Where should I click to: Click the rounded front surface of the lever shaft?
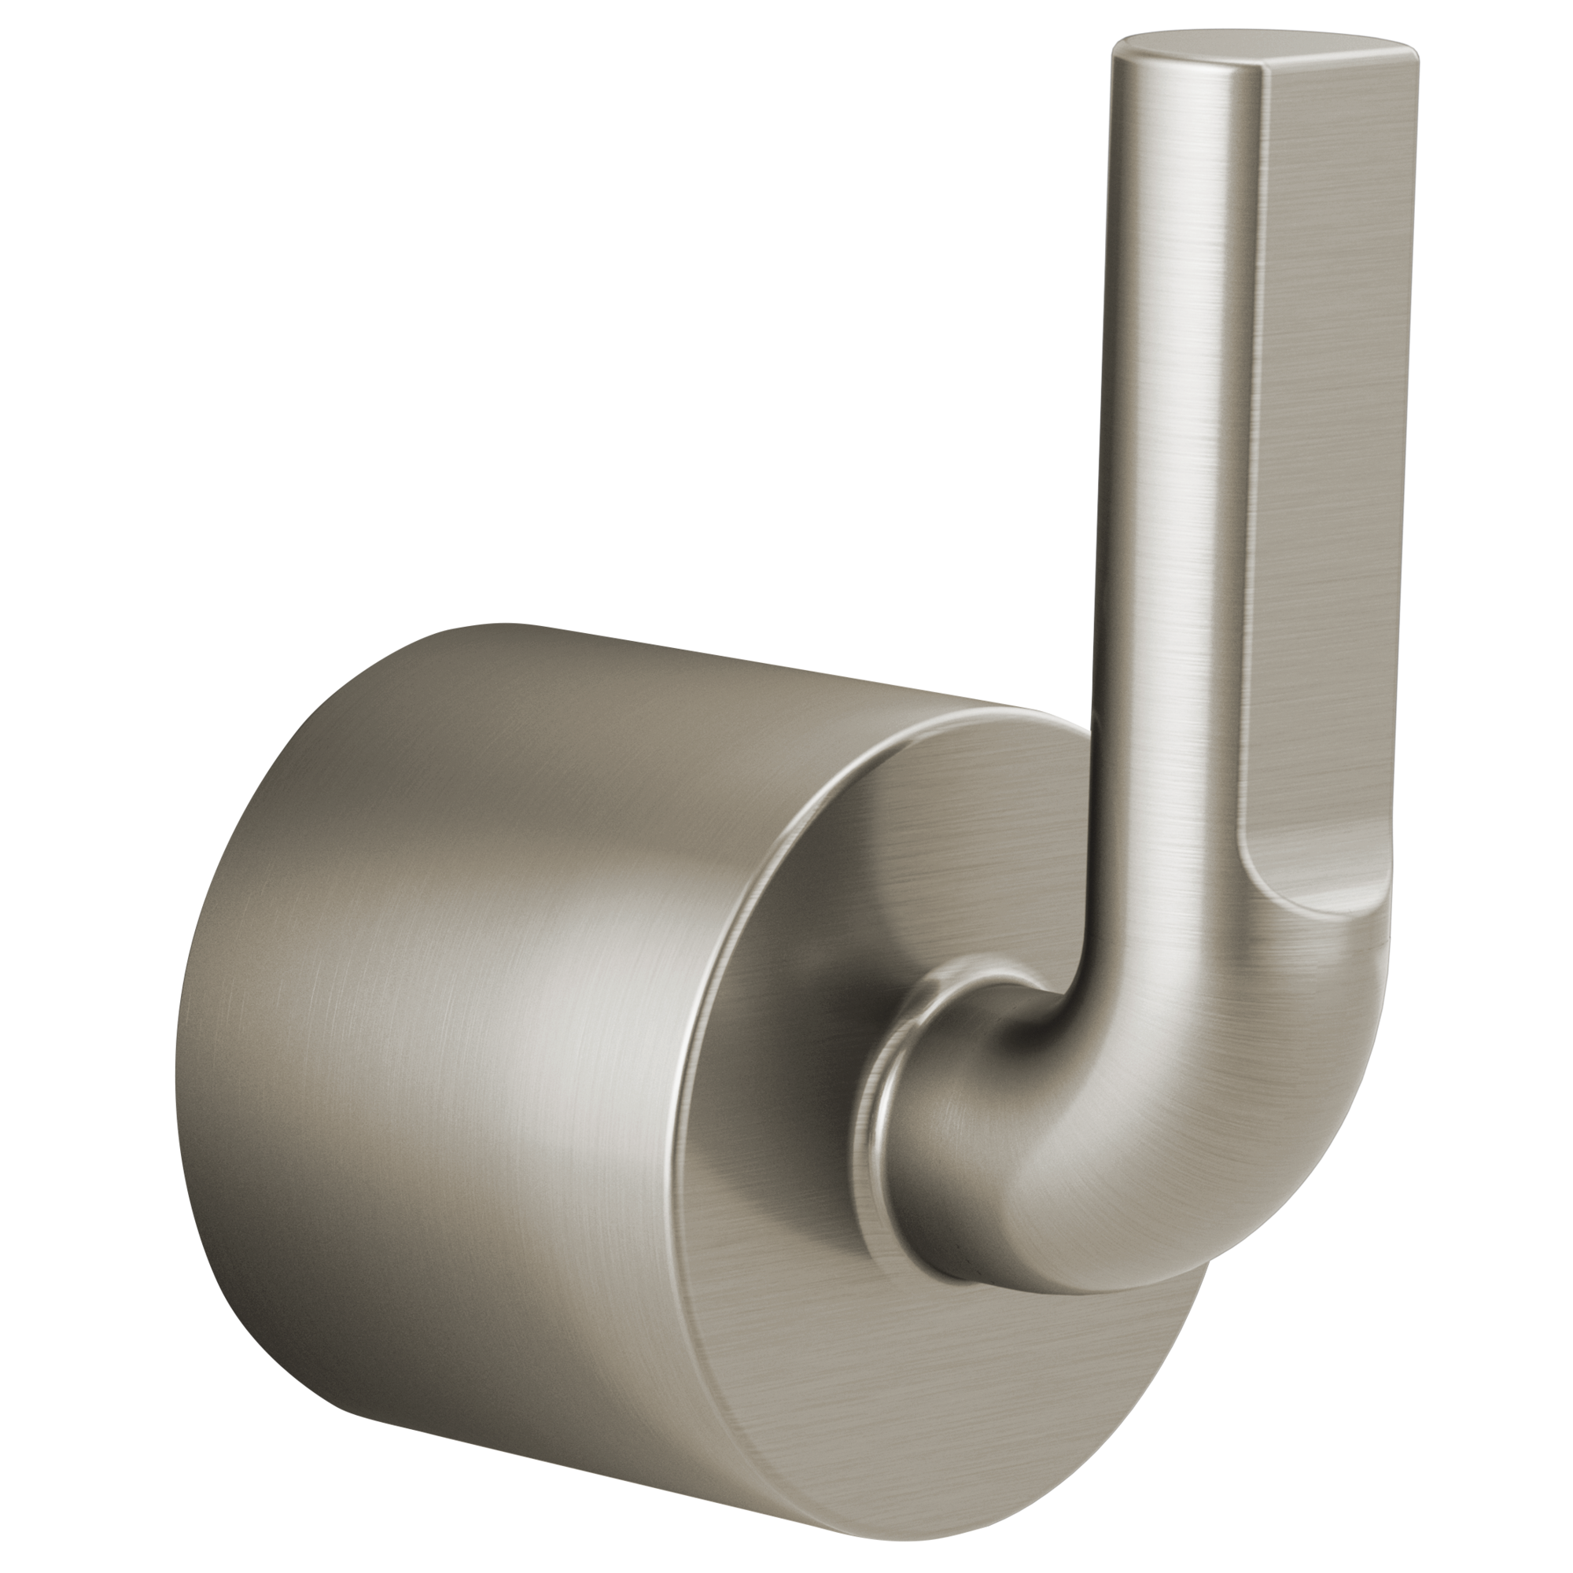(x=1173, y=407)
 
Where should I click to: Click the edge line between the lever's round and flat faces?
(x=1246, y=407)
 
